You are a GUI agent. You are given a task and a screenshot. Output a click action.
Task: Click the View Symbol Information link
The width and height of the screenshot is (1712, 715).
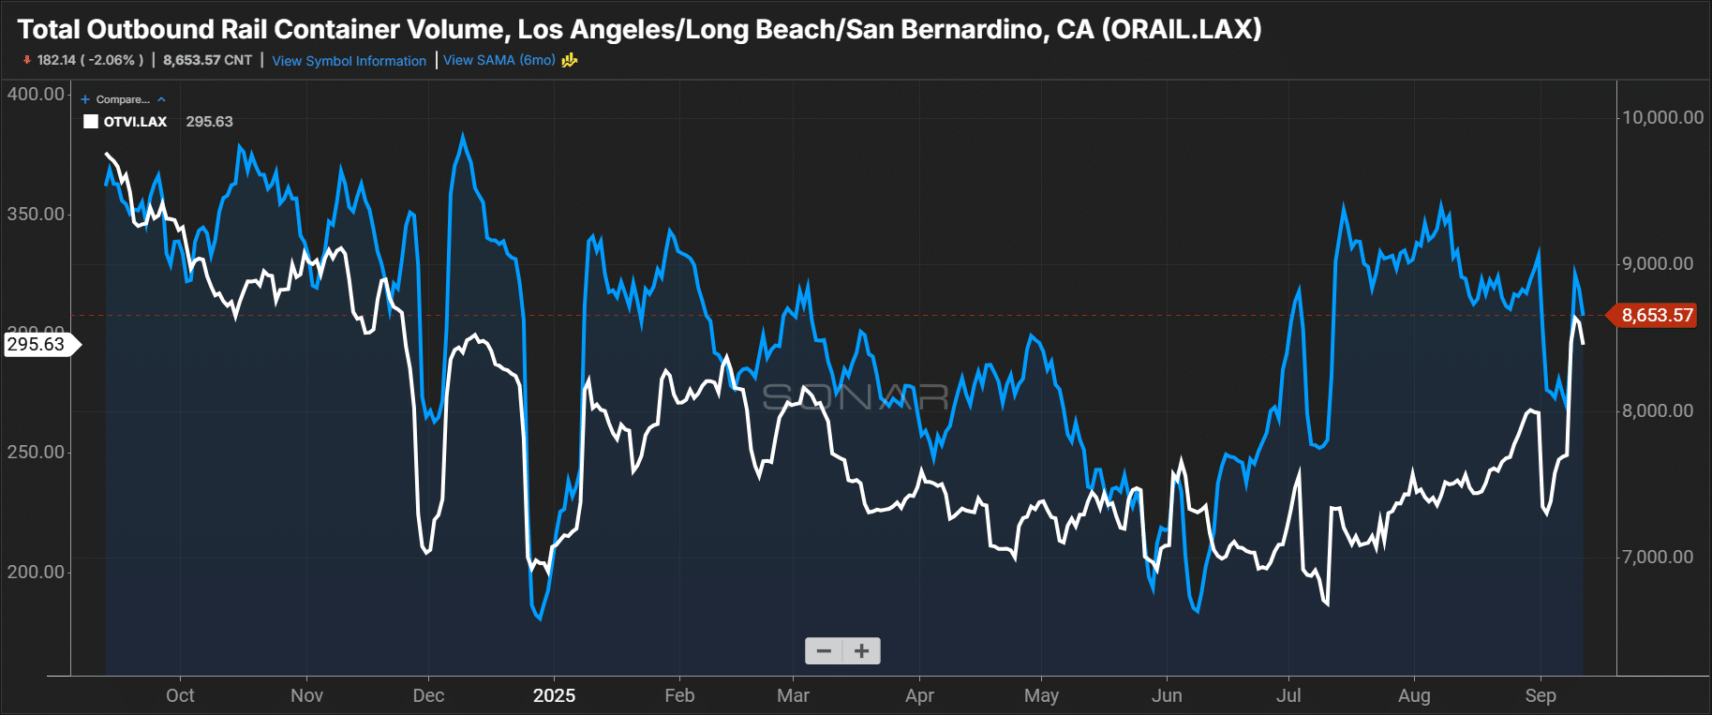349,61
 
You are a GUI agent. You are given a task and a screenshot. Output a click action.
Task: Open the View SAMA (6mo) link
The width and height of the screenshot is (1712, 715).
499,60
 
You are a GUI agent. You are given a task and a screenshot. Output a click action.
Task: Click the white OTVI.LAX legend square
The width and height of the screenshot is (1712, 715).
91,122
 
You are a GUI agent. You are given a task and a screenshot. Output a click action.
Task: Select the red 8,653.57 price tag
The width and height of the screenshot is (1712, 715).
1657,316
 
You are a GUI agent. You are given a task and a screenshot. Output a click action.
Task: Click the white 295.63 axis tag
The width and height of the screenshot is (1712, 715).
37,344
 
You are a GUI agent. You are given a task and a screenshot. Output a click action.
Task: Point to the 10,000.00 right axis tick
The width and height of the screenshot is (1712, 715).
1662,117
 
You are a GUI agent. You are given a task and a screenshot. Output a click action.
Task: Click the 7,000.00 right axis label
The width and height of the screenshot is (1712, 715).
1657,557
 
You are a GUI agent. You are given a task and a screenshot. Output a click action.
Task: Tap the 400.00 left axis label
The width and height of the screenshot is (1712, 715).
36,94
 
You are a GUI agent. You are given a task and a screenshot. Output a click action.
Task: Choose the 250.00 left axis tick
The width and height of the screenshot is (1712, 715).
36,452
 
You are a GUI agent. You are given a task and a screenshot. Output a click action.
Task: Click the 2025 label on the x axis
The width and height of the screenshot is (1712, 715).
554,695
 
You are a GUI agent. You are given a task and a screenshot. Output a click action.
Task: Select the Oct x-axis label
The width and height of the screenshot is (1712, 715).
180,695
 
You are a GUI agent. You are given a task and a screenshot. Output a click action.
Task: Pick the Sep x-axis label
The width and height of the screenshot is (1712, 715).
1541,695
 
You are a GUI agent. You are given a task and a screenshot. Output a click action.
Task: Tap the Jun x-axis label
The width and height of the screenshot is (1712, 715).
1167,695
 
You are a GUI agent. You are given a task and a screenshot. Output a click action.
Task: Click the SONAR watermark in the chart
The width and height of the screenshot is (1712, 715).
855,397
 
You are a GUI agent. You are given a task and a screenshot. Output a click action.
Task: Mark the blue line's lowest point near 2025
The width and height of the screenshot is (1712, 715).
540,618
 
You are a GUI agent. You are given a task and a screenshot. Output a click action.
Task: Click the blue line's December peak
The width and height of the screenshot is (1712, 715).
462,137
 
